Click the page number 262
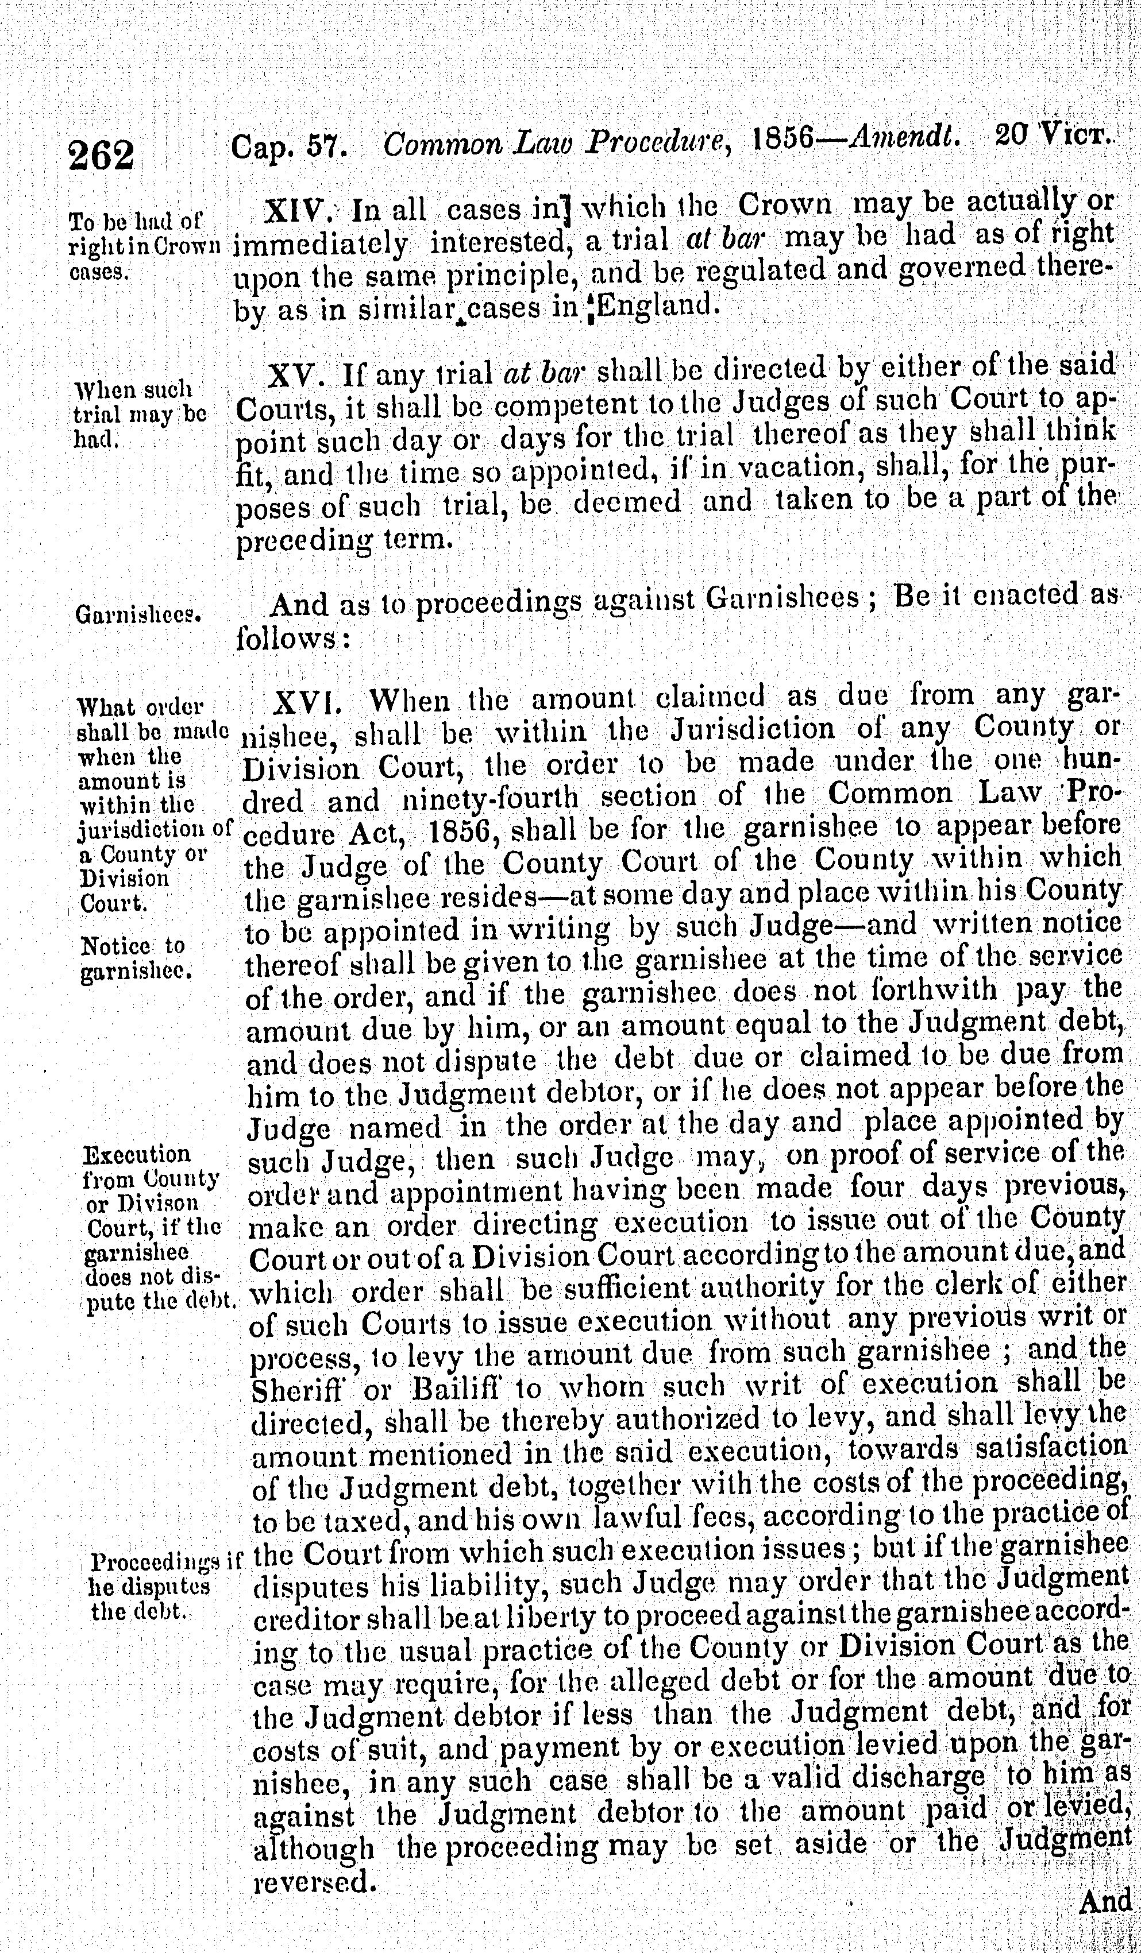[101, 155]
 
